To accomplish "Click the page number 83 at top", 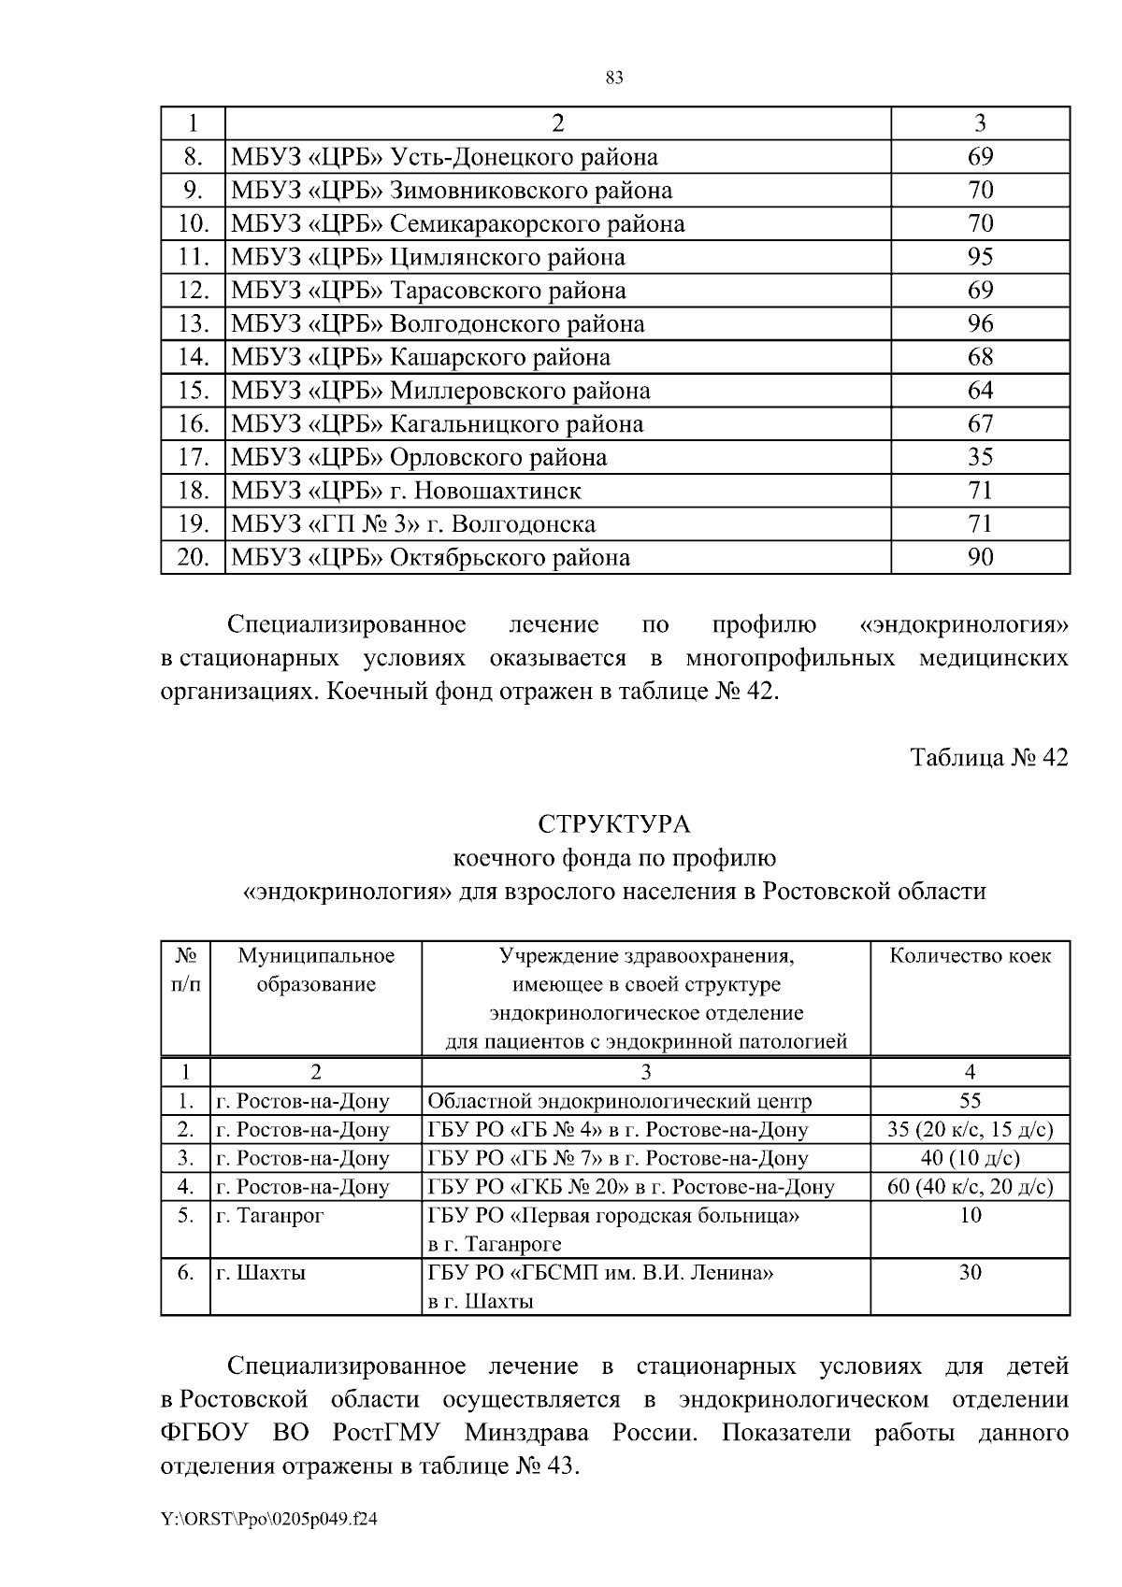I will coord(614,79).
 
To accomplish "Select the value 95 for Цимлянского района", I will coord(980,257).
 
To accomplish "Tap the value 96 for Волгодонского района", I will coord(980,324).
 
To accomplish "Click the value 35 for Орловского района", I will coord(980,458).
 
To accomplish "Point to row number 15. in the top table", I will coord(192,391).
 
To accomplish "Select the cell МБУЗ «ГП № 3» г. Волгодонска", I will coord(413,524).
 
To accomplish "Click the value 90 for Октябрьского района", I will coord(980,558).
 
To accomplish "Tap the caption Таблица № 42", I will coord(989,757).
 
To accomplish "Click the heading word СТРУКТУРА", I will coord(614,824).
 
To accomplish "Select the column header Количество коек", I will coord(970,956).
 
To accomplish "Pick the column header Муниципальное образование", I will coord(316,970).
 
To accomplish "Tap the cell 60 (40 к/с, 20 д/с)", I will coord(970,1187).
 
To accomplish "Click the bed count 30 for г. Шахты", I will coord(970,1272).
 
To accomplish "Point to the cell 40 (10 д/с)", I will coord(970,1158).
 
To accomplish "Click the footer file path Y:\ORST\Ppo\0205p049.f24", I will coord(269,1520).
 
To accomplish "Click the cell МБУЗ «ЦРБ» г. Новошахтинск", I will coord(406,491).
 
